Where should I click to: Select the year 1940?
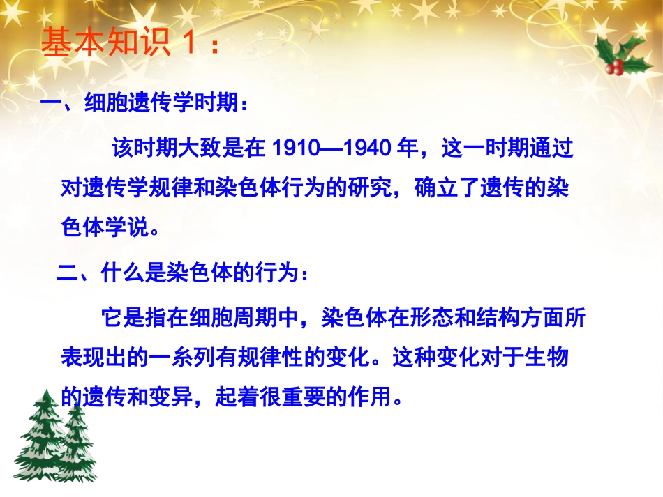pos(369,148)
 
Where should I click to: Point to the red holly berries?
pos(615,66)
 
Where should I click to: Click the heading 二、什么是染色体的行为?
pos(181,272)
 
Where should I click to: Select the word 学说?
pos(126,228)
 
